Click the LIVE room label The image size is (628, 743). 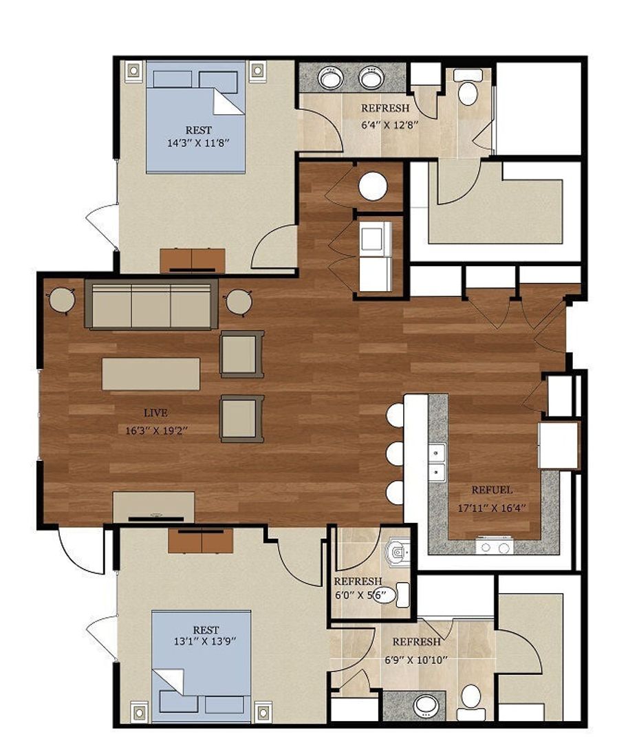pyautogui.click(x=155, y=413)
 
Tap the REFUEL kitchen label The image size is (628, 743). pyautogui.click(x=491, y=491)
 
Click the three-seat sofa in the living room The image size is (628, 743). pyautogui.click(x=151, y=304)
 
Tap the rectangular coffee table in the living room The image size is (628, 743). pyautogui.click(x=151, y=374)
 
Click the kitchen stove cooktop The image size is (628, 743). pyautogui.click(x=495, y=547)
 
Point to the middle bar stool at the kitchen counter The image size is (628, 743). pyautogui.click(x=395, y=454)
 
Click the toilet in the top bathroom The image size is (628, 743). pyautogui.click(x=468, y=89)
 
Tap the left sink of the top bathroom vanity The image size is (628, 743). pyautogui.click(x=330, y=77)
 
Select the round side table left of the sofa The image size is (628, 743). pyautogui.click(x=62, y=300)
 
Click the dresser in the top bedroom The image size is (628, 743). pyautogui.click(x=193, y=260)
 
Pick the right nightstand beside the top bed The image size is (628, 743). pyautogui.click(x=257, y=69)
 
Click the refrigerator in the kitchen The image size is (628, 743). pyautogui.click(x=558, y=445)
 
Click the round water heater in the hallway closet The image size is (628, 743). pyautogui.click(x=373, y=186)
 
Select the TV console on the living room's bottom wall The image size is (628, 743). pyautogui.click(x=153, y=506)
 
